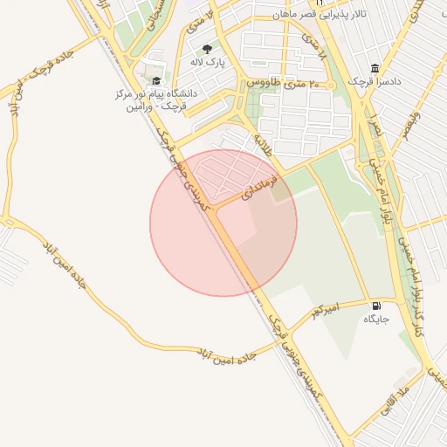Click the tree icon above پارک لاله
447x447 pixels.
(207, 49)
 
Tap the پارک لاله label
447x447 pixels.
(207, 63)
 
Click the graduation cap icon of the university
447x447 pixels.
(156, 80)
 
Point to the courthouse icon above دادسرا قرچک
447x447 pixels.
(375, 68)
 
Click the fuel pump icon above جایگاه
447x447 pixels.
(376, 306)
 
